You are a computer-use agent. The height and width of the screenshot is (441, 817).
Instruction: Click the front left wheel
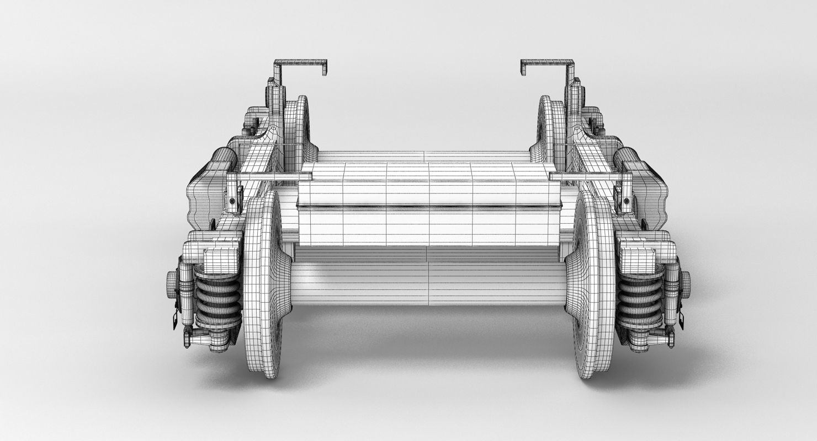[264, 284]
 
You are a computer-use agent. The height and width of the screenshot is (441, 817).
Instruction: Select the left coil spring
[217, 300]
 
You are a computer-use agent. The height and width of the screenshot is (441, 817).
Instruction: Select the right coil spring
[640, 300]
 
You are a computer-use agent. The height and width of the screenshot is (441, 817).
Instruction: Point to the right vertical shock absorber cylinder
[671, 298]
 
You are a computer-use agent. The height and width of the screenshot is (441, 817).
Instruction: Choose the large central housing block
[428, 204]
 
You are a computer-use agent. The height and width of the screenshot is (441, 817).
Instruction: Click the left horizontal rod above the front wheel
[270, 177]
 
